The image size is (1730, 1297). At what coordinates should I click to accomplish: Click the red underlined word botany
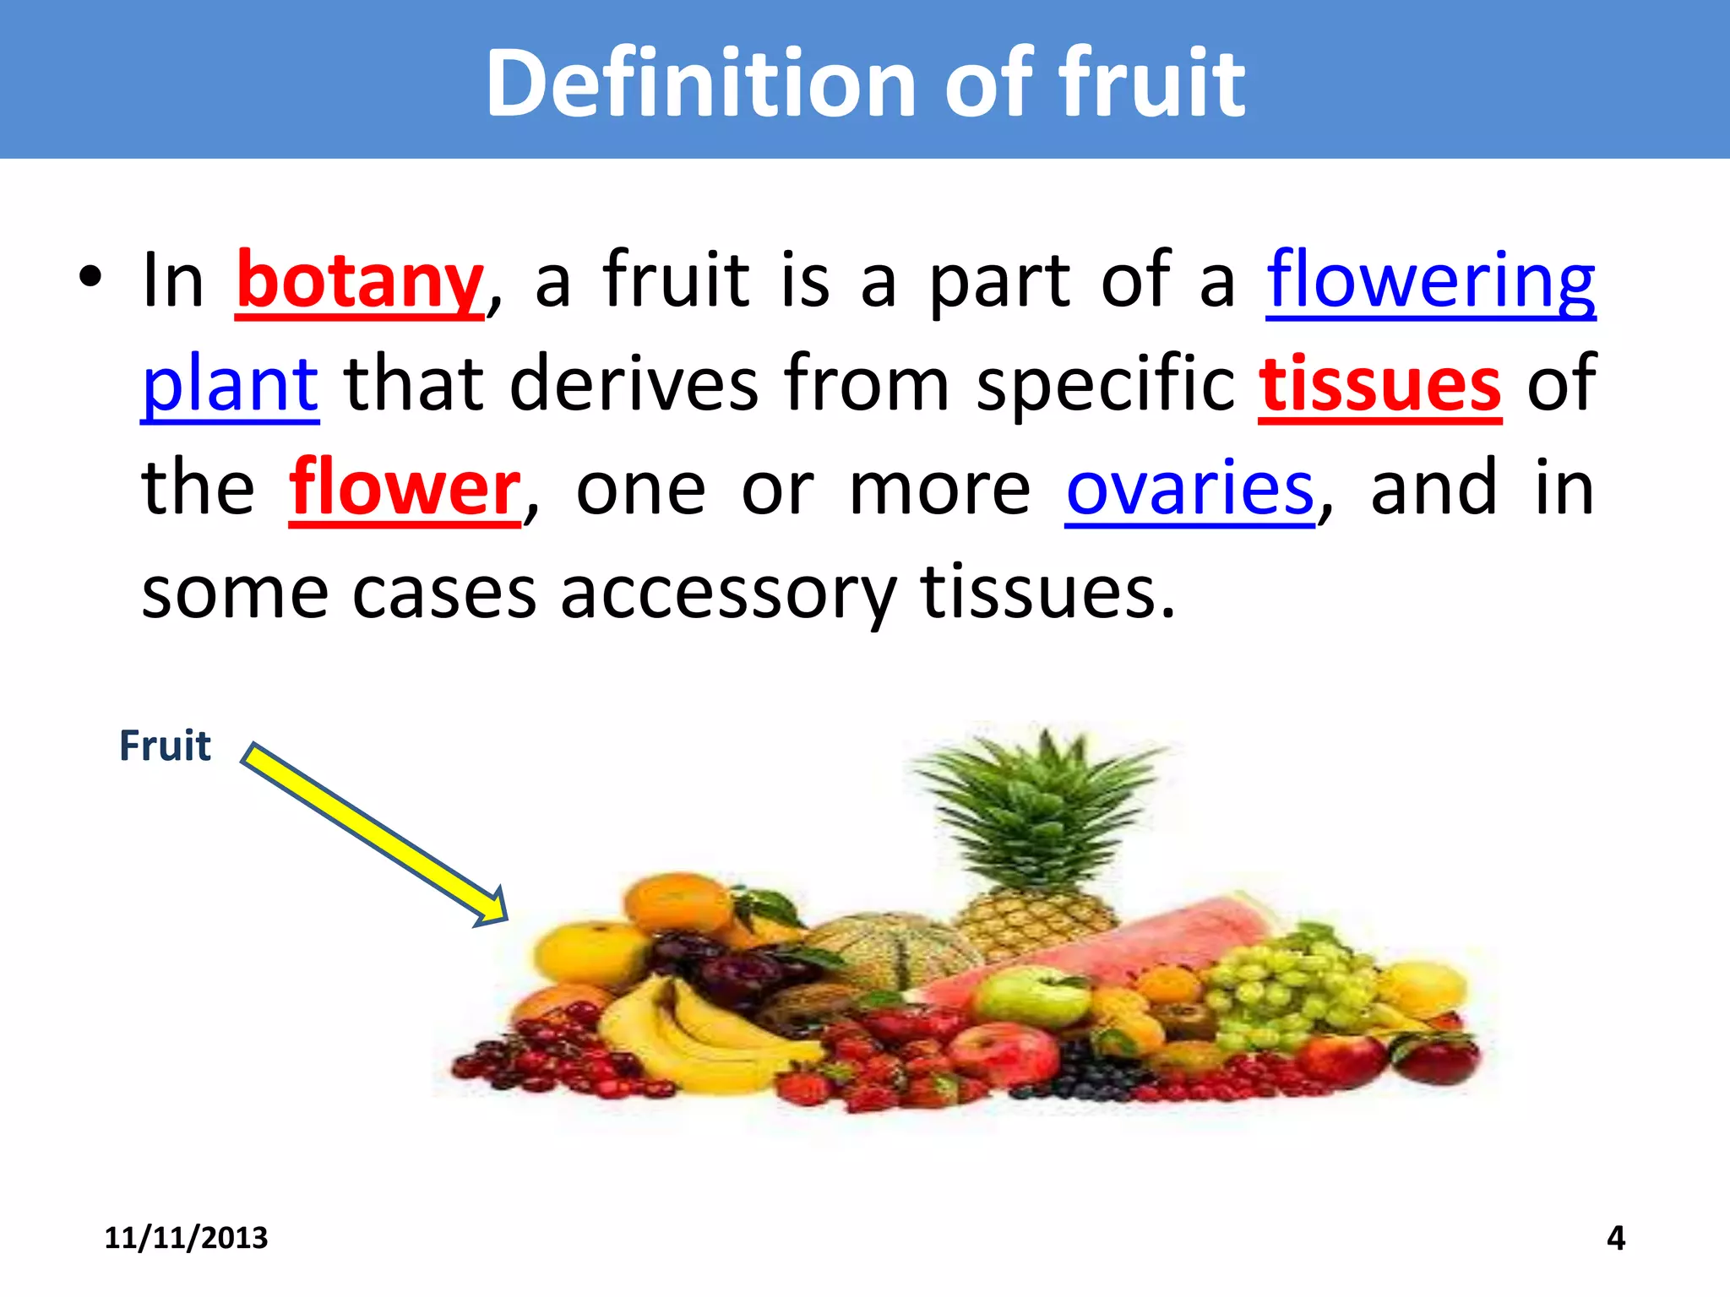point(359,281)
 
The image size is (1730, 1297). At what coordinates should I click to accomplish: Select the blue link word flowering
point(1430,281)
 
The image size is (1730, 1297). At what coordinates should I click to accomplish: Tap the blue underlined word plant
point(230,385)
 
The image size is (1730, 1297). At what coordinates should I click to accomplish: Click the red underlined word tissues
point(1379,385)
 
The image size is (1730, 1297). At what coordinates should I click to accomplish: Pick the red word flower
point(405,488)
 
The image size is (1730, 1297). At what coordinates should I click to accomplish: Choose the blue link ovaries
point(1189,488)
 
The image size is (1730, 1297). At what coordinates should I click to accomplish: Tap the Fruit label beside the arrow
point(165,746)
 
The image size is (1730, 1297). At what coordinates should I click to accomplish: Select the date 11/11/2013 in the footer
point(186,1238)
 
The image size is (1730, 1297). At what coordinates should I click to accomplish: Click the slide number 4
point(1615,1238)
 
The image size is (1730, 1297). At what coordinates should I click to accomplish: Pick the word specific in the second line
point(1106,385)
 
